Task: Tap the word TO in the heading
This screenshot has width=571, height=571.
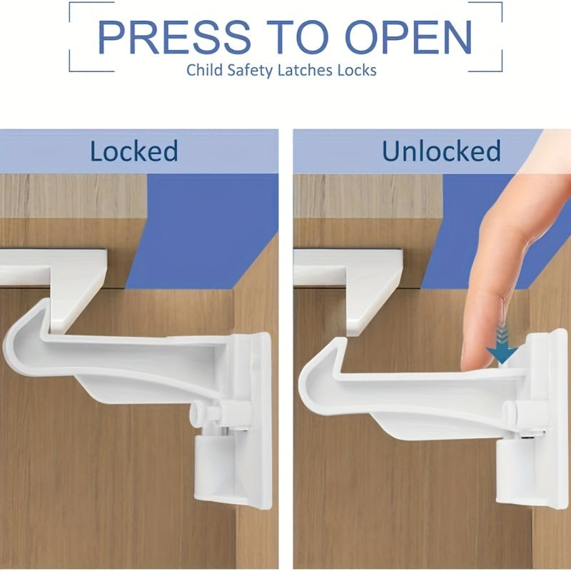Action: click(285, 37)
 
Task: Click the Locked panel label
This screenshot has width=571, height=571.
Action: click(133, 151)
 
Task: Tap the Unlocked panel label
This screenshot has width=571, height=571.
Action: click(440, 151)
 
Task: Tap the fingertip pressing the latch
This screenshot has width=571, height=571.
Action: click(478, 357)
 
